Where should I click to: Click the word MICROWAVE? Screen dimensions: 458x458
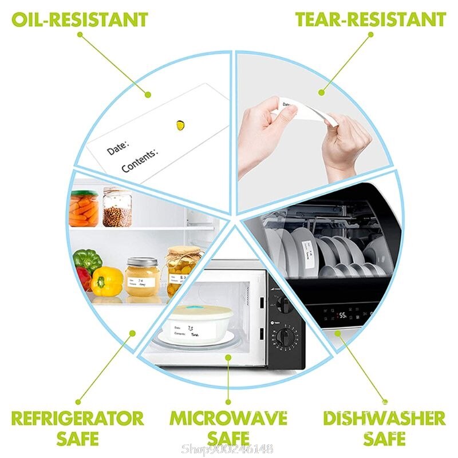(x=228, y=417)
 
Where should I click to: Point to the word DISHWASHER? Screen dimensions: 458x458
(x=384, y=417)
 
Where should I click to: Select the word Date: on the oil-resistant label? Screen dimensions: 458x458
(x=118, y=145)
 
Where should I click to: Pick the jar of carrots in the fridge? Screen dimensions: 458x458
(x=84, y=208)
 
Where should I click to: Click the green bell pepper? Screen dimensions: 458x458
(x=87, y=260)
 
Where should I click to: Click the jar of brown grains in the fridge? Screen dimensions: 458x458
(x=117, y=208)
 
